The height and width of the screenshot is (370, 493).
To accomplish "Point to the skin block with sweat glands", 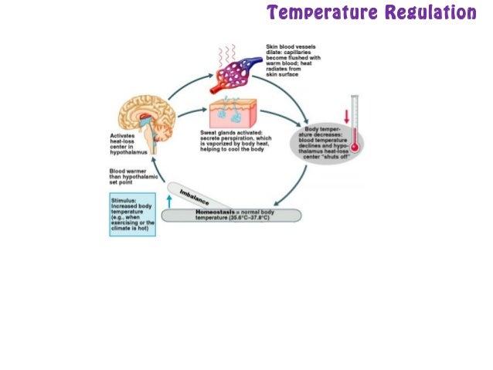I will (236, 116).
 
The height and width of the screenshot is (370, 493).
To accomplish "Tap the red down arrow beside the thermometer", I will (347, 117).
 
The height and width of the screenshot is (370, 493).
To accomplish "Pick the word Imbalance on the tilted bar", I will (195, 197).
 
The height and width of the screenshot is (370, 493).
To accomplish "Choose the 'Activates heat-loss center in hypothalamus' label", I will (125, 146).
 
